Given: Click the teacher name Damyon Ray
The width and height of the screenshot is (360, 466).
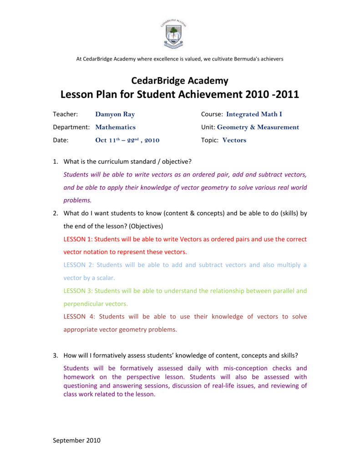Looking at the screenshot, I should (x=115, y=114).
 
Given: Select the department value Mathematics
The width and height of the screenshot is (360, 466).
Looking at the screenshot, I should (x=115, y=127).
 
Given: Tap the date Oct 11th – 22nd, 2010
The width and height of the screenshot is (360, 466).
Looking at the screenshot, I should (x=127, y=140).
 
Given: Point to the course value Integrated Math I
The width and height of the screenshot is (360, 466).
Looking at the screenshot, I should (x=254, y=114).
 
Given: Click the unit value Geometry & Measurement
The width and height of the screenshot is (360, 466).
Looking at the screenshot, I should (x=258, y=127).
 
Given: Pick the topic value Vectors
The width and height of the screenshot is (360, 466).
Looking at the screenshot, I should (x=234, y=140).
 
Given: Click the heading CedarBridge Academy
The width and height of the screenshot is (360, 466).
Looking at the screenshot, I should (x=180, y=81).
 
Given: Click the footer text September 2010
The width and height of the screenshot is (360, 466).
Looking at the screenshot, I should (x=76, y=440).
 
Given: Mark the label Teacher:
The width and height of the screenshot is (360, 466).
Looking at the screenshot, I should (x=66, y=114).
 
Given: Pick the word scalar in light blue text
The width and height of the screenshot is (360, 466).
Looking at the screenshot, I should (x=105, y=278).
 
